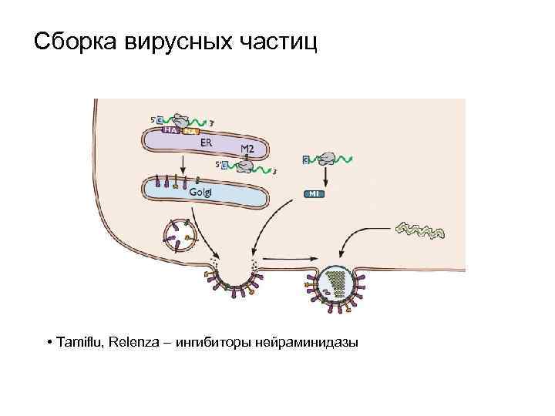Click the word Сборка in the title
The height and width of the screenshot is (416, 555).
coord(74,41)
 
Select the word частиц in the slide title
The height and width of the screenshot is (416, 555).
coord(274,41)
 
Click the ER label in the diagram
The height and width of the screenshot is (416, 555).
coord(207,143)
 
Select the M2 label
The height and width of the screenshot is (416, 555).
coord(248,148)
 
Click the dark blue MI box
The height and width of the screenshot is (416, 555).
coord(314,194)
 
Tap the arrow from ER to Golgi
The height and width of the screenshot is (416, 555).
coord(183,163)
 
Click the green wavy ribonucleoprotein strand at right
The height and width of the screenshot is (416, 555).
coord(419,229)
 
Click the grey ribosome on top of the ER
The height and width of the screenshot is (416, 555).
coord(183,120)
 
